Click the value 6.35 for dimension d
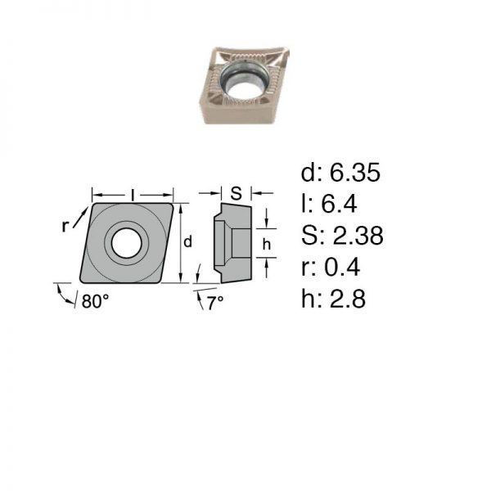click(x=355, y=172)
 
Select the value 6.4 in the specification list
click(x=339, y=204)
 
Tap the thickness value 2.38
click(x=358, y=235)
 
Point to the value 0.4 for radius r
click(x=342, y=267)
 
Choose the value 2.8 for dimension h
click(x=347, y=299)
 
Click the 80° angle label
click(x=95, y=301)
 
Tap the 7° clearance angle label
click(x=216, y=303)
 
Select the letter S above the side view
click(x=236, y=193)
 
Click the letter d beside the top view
click(x=187, y=241)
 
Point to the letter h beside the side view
click(x=267, y=244)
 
